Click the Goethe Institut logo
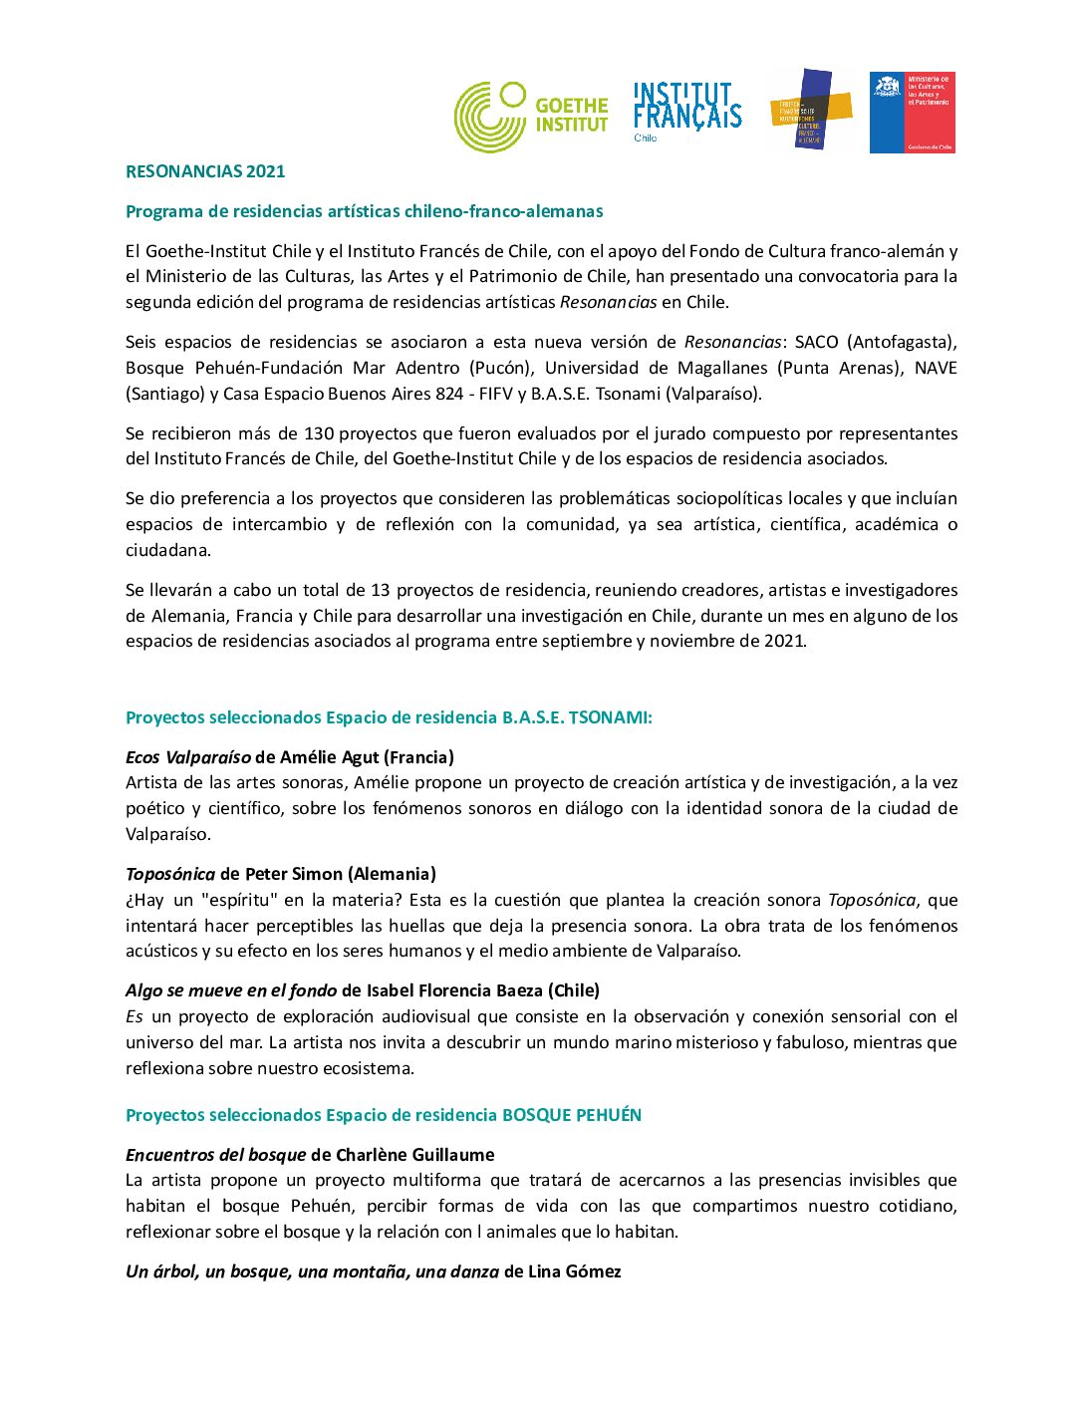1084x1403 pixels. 530,116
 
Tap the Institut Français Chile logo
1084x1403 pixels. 687,111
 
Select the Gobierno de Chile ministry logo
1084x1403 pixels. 912,112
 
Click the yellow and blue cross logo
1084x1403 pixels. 811,110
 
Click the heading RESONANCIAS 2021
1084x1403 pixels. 205,171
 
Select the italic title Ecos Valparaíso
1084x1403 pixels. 188,757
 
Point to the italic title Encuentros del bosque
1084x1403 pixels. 215,1155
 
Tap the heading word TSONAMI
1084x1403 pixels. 610,717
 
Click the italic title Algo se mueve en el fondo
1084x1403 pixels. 231,990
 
